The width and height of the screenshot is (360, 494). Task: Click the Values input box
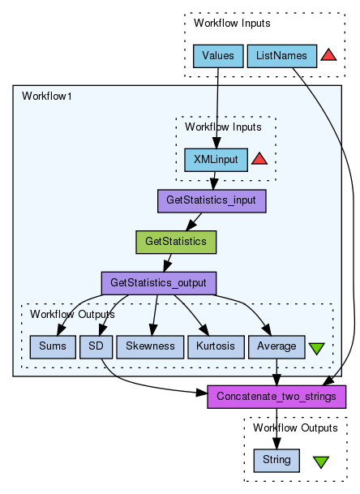point(218,56)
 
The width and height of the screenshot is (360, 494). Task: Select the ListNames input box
point(282,56)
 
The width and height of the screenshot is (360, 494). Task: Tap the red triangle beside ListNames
point(328,55)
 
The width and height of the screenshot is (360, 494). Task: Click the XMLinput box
point(216,160)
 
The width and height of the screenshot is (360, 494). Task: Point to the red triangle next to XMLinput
point(259,158)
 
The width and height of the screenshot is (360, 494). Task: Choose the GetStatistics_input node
point(212,201)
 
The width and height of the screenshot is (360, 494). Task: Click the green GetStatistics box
point(176,242)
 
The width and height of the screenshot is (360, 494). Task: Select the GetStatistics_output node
point(159,283)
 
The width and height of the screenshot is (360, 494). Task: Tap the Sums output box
point(53,347)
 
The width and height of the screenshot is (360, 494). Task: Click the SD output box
point(96,347)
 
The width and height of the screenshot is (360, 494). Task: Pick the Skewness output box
point(150,347)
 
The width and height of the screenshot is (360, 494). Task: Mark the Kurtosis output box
point(216,347)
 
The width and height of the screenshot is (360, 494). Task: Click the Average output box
point(276,347)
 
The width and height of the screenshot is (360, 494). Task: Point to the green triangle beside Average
point(316,349)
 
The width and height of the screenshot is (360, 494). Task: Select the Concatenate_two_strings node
point(276,397)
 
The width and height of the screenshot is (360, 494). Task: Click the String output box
point(276,461)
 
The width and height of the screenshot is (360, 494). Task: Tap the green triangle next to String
point(321,462)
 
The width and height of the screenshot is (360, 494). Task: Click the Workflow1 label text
point(47,96)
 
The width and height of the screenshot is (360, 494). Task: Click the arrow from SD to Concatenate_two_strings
point(139,386)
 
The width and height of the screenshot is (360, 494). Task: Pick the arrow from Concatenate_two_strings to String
point(276,429)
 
